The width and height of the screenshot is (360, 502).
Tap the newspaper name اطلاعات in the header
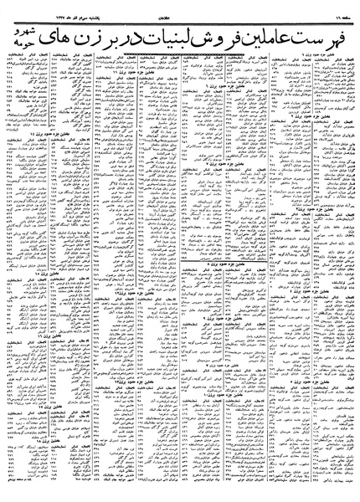(x=179, y=7)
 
